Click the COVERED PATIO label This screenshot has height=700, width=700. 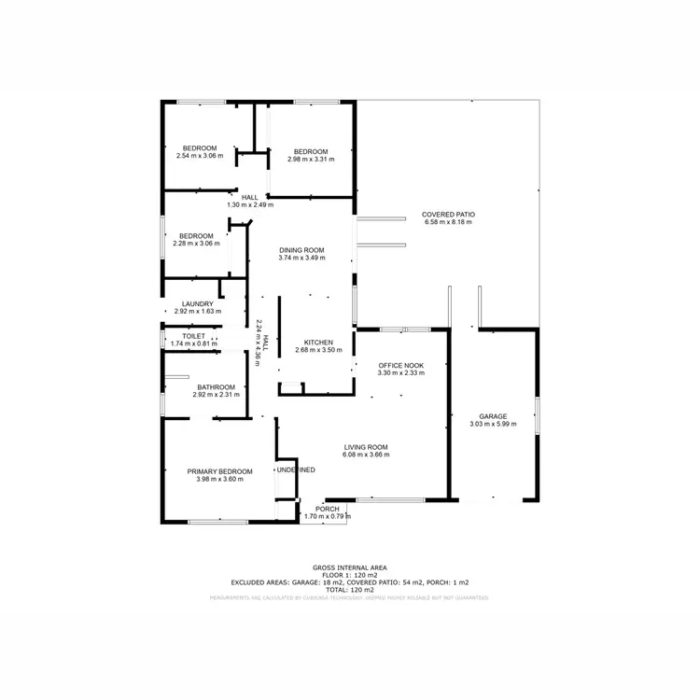pos(449,215)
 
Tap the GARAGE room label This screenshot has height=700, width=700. pos(493,416)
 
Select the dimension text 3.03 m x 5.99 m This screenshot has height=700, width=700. pos(493,425)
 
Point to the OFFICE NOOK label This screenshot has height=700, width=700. pos(400,364)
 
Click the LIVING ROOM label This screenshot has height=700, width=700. pos(366,446)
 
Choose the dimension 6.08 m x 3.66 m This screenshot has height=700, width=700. pos(366,455)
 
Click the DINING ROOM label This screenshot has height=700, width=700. pos(301,249)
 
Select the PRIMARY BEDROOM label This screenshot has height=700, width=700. pos(219,471)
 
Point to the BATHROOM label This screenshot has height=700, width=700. pos(217,387)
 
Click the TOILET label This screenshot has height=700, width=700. pos(193,336)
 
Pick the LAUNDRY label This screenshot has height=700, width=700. pos(198,303)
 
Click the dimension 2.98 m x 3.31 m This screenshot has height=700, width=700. pos(311,160)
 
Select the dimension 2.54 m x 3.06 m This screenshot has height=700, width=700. pos(200,156)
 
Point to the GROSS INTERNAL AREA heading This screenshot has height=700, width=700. pos(350,567)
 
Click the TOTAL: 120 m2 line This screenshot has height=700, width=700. pos(350,590)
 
